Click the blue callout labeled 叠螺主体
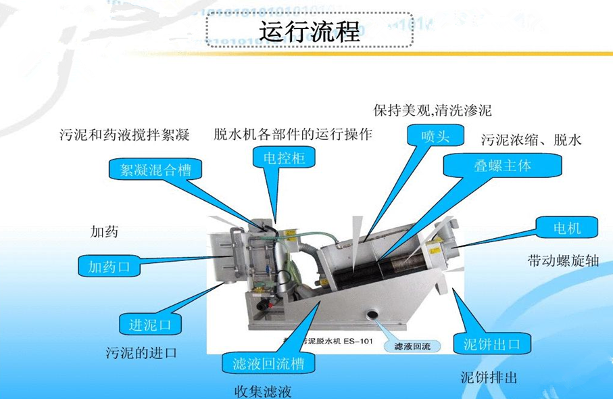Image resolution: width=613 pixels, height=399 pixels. point(502,166)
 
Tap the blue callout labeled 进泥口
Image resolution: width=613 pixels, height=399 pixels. point(151,325)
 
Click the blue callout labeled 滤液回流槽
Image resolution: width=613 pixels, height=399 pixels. point(268,364)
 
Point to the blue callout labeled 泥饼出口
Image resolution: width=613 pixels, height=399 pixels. point(492,344)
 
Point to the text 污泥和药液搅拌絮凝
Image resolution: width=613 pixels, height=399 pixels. point(124,135)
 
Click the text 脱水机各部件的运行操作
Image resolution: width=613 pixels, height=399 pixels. point(293,134)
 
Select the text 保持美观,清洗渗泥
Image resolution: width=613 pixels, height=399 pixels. point(433,110)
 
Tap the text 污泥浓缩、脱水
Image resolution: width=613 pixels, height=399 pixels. point(531,141)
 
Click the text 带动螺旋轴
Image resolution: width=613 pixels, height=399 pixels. point(563,261)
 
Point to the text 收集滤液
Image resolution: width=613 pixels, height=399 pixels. point(263,391)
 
